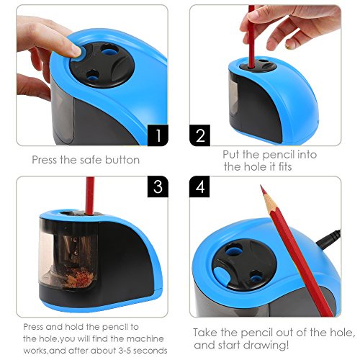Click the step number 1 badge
[158, 135]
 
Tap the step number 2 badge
[199, 135]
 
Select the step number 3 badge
[158, 186]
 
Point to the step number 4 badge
[199, 186]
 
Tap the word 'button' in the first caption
[122, 160]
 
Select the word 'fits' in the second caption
[285, 166]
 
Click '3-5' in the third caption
[125, 351]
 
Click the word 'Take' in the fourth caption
[205, 333]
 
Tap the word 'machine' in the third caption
[145, 338]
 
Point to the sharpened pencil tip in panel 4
[261, 185]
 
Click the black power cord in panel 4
[329, 238]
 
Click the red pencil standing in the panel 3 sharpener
[90, 196]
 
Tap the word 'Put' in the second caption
[231, 155]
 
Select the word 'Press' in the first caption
[45, 160]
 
